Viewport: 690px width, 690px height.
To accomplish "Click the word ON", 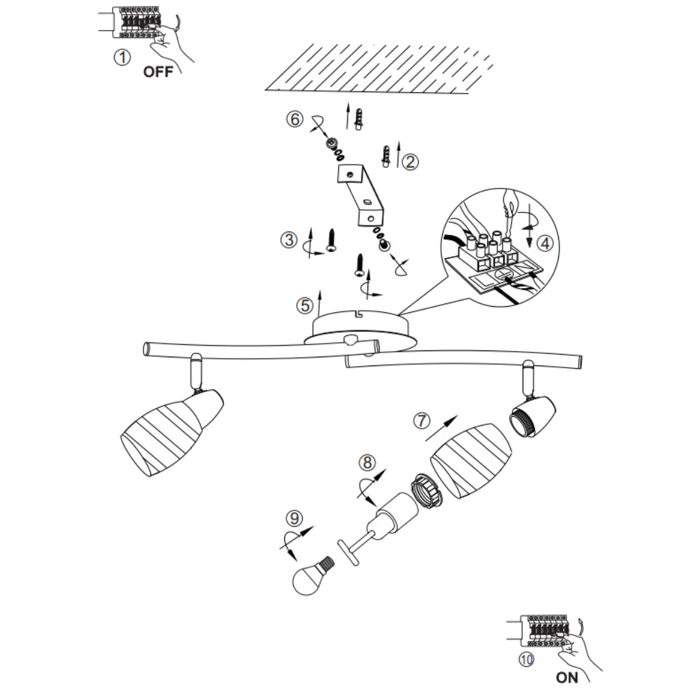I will pos(567,678).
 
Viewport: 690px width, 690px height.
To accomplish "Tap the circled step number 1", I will pos(122,58).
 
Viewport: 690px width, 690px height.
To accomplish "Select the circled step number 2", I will pos(411,161).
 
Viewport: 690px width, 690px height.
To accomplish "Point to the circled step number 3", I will pos(288,240).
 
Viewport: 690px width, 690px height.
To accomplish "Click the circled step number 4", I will pos(543,242).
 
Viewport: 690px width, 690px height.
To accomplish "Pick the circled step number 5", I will pos(304,305).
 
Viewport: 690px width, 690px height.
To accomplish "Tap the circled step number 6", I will pos(294,119).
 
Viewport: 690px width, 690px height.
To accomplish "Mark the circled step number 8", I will pos(368,463).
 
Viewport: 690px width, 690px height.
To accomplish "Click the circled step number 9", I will pos(294,519).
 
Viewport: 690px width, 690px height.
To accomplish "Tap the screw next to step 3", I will pos(332,240).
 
